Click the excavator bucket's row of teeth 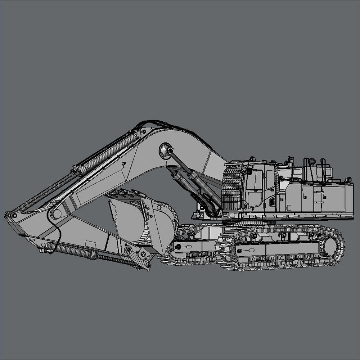[124, 195]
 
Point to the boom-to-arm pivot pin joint [56, 213]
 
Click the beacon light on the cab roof [253, 158]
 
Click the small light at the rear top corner [348, 179]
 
